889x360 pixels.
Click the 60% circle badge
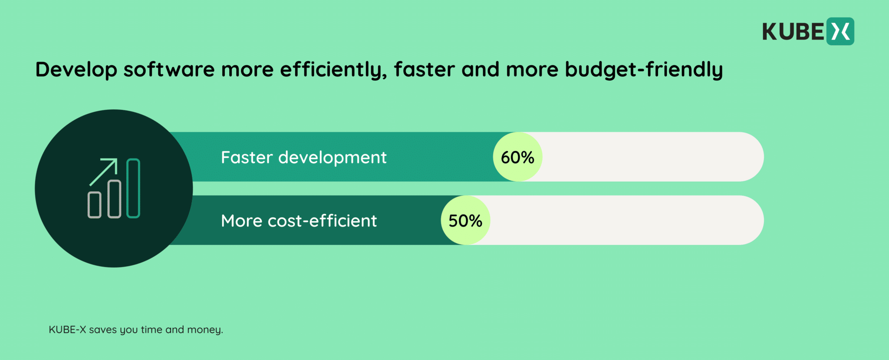pos(517,157)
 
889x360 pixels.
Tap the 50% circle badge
pos(465,220)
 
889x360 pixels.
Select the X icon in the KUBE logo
pos(840,31)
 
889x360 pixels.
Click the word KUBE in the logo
pos(793,32)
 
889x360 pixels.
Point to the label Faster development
pos(303,157)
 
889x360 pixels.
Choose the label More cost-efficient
pos(299,221)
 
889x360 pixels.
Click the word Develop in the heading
pos(76,69)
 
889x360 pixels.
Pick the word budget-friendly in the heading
pos(644,69)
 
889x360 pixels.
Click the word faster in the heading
pos(424,69)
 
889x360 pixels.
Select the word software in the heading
pos(169,69)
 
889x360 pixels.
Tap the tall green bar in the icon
pos(133,188)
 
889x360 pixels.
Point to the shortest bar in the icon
pos(95,205)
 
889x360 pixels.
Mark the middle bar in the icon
pos(114,198)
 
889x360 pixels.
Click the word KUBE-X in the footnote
pos(67,330)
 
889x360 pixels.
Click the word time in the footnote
pos(151,330)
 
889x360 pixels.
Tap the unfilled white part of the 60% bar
pos(651,157)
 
